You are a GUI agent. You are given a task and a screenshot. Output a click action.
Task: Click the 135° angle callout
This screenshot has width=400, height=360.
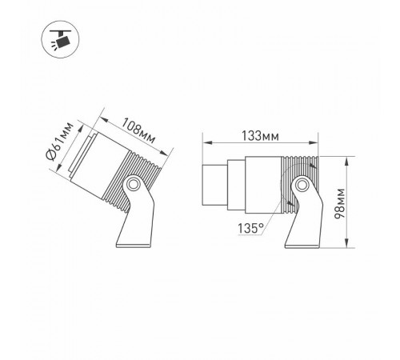[x=250, y=229]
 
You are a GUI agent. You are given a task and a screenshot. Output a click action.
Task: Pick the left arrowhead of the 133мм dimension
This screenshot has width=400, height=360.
[x=203, y=143]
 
